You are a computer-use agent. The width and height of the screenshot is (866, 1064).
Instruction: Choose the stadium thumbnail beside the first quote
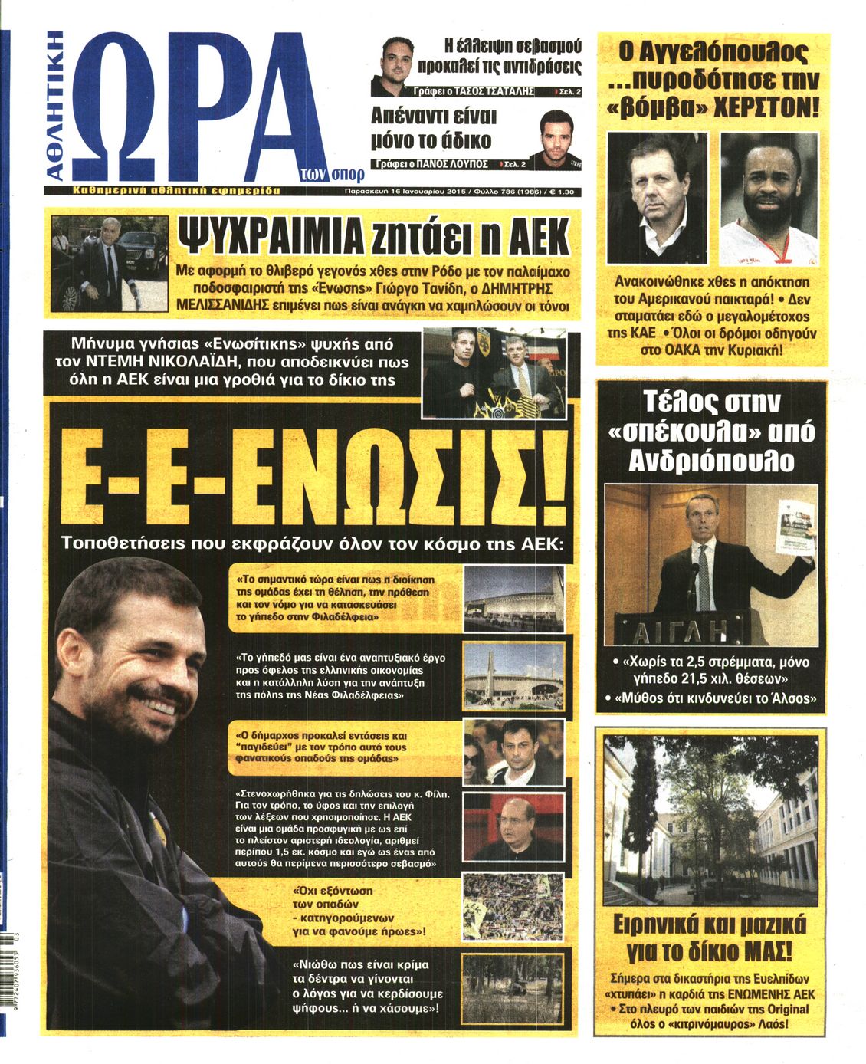pyautogui.click(x=513, y=598)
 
